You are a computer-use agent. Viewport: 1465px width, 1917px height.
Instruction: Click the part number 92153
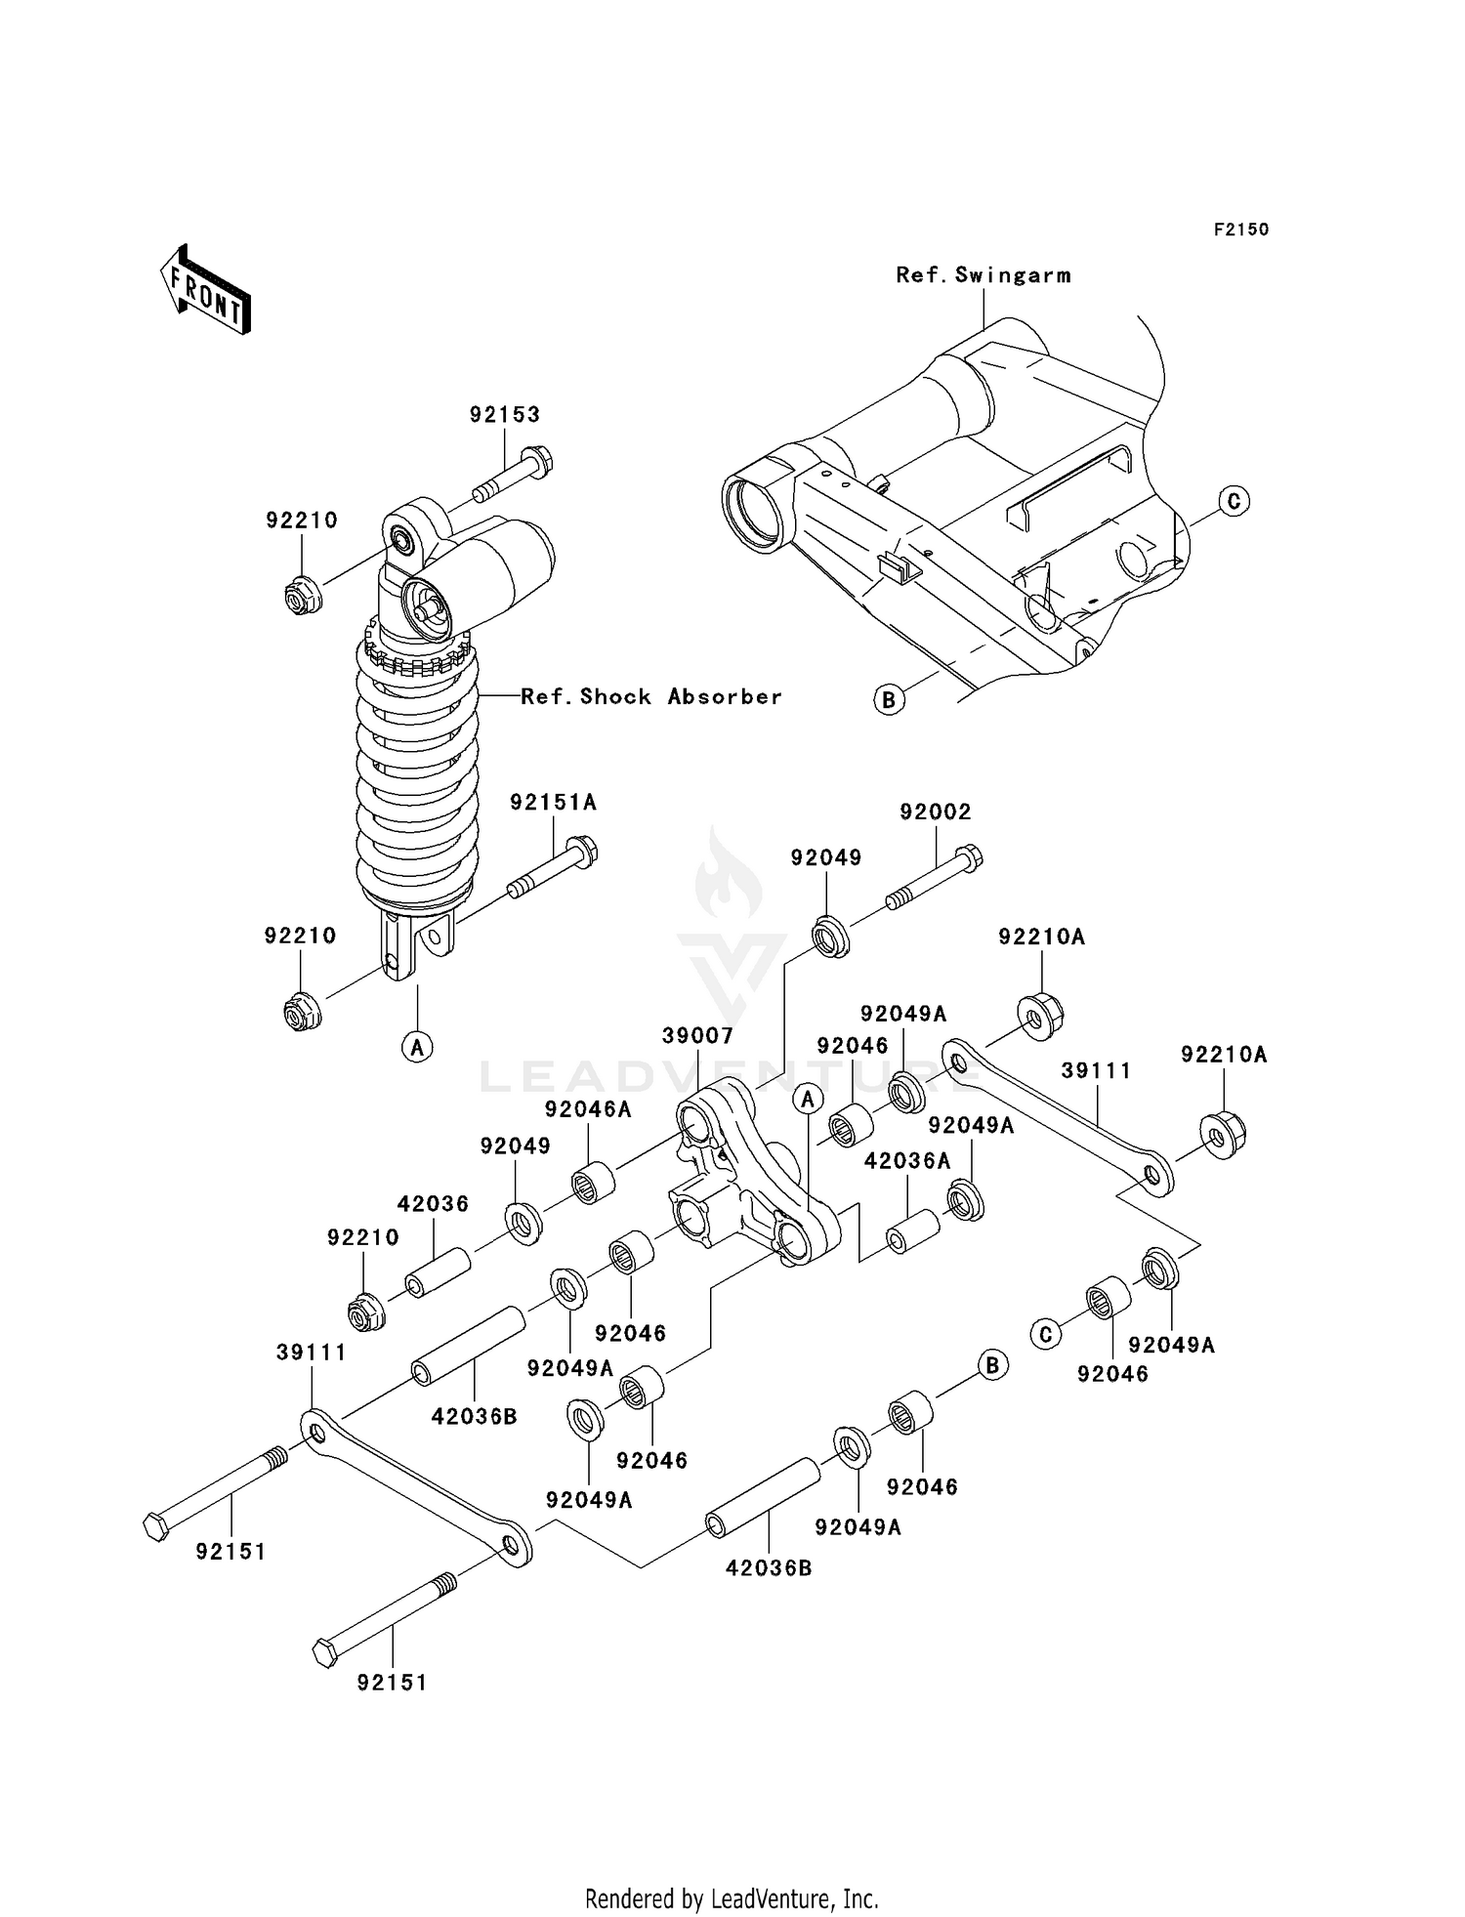click(504, 414)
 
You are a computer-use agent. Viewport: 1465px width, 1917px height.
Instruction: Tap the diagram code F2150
click(1240, 229)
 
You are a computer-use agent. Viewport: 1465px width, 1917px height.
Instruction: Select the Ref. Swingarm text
click(983, 275)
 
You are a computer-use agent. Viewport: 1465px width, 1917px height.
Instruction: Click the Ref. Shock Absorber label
click(650, 696)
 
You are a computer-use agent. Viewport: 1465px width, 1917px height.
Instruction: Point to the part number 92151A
click(553, 803)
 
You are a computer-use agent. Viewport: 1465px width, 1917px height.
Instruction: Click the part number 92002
click(935, 812)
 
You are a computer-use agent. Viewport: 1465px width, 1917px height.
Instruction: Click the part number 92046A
click(588, 1109)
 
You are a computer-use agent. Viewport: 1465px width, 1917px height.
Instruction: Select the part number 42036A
click(906, 1161)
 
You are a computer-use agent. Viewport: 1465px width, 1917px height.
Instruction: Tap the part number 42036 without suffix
click(433, 1204)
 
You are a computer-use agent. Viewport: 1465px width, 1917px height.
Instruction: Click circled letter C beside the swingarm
click(1234, 501)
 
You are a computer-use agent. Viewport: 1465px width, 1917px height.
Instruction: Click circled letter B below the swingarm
click(889, 699)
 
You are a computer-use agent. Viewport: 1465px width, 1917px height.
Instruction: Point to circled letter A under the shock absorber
click(417, 1047)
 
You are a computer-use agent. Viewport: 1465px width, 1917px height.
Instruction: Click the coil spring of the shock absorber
click(417, 771)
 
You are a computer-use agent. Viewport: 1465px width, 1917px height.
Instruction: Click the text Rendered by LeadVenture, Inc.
click(732, 1898)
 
